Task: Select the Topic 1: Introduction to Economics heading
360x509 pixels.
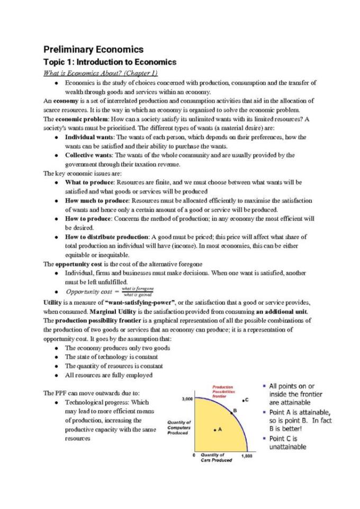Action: tap(110, 62)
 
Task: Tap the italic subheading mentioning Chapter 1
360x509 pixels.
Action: tap(100, 73)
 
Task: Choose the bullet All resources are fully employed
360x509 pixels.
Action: tap(109, 375)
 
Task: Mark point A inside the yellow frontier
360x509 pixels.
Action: tap(215, 430)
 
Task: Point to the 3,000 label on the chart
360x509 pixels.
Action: tap(187, 398)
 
